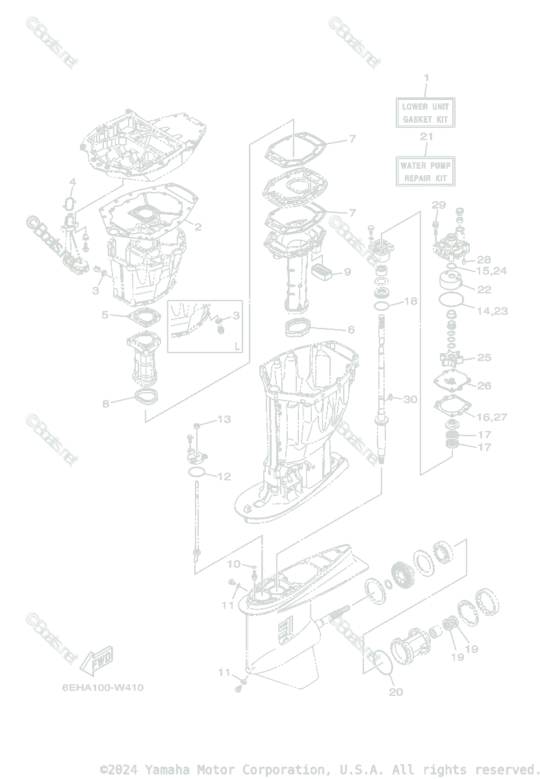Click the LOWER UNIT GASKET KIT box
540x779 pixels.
click(x=426, y=112)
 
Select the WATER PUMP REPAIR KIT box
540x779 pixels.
click(x=426, y=171)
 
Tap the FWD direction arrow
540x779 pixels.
click(x=96, y=660)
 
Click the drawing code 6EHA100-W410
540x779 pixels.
click(x=103, y=688)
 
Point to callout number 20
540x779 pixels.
click(x=396, y=692)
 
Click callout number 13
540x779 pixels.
click(x=224, y=419)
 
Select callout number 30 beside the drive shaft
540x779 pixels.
click(x=410, y=399)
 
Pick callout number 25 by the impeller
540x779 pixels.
click(x=484, y=357)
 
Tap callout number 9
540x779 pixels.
click(x=347, y=271)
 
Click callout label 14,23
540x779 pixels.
click(x=492, y=311)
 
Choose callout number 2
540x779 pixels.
click(x=198, y=227)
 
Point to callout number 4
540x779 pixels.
click(x=73, y=181)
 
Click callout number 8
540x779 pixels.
click(x=105, y=403)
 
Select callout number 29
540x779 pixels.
click(x=439, y=205)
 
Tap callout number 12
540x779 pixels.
click(x=224, y=476)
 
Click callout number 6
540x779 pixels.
click(x=351, y=330)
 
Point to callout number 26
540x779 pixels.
click(x=484, y=386)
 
